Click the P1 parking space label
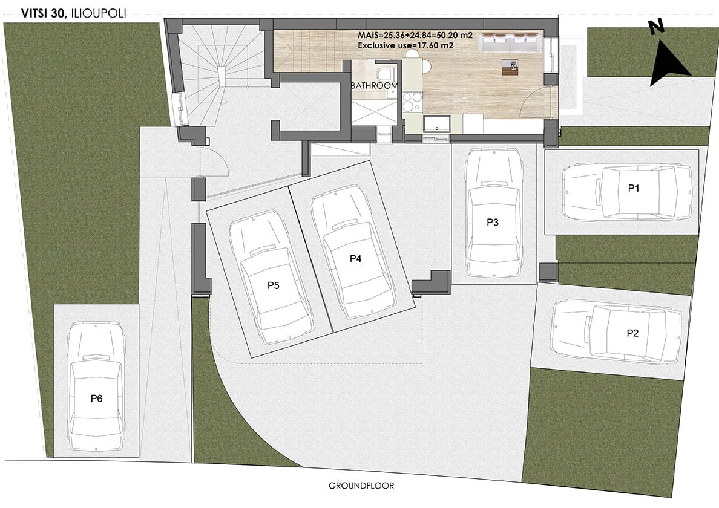coord(633,188)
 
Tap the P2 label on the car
coord(632,333)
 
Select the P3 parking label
coord(493,222)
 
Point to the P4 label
coord(355,258)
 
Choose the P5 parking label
coord(274,285)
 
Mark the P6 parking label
coord(96,398)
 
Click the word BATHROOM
coord(374,86)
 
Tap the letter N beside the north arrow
coord(657,28)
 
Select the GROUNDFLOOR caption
coord(361,486)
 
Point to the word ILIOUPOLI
coord(98,14)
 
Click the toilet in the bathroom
coord(384,74)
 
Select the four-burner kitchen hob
coord(412,102)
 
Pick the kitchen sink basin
coord(436,124)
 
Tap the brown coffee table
coord(510,67)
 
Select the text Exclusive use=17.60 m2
coord(406,45)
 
